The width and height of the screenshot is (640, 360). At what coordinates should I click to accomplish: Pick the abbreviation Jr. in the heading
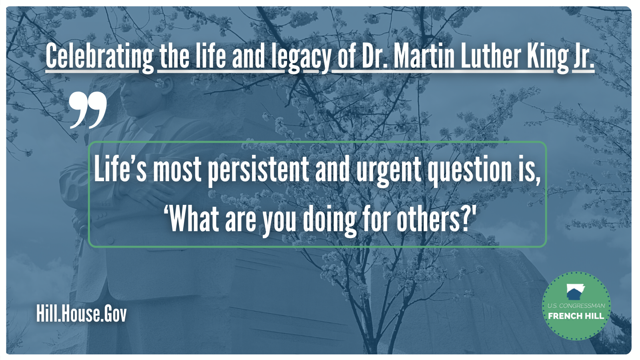[584, 56]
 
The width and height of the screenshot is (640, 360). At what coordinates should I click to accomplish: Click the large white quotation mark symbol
[88, 110]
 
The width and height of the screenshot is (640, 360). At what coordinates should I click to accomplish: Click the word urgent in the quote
[389, 172]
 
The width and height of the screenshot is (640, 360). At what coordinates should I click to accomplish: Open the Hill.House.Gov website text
[82, 314]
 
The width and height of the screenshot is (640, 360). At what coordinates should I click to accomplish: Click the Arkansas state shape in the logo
[576, 292]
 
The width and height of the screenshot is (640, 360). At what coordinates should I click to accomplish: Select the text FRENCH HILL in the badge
[576, 316]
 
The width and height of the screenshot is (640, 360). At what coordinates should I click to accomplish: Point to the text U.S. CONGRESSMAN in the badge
[576, 306]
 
